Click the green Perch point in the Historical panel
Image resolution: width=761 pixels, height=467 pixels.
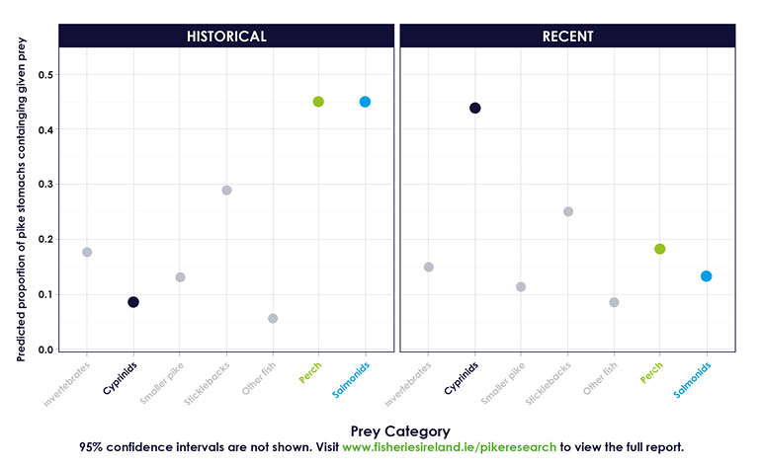(x=318, y=102)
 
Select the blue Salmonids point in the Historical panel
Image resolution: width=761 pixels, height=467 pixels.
(x=365, y=102)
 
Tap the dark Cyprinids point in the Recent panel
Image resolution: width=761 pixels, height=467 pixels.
(x=474, y=109)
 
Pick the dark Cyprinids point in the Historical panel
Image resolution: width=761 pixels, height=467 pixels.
(x=133, y=302)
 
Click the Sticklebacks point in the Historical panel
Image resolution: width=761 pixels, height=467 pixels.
(x=226, y=190)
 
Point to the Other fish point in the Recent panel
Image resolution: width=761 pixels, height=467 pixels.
(x=614, y=302)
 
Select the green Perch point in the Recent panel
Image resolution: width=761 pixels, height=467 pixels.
(x=659, y=249)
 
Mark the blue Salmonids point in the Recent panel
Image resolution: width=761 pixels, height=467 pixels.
(x=707, y=276)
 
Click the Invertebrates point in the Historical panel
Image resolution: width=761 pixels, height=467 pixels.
(x=87, y=252)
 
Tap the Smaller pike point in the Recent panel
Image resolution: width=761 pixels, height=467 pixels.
(x=521, y=287)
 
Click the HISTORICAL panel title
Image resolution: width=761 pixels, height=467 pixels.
(x=226, y=37)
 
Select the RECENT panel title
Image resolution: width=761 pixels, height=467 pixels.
(x=567, y=37)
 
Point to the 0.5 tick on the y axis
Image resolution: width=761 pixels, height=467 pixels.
(x=46, y=75)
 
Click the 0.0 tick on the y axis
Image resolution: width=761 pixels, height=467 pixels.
(x=46, y=350)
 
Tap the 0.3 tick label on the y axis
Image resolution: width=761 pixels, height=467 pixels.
(x=46, y=185)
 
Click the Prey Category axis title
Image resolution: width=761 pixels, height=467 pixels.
(x=399, y=430)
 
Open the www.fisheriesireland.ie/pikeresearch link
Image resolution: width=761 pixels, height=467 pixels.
(x=450, y=447)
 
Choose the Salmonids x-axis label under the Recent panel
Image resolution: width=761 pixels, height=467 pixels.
(x=694, y=380)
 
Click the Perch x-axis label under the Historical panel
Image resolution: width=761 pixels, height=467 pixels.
(x=310, y=372)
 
